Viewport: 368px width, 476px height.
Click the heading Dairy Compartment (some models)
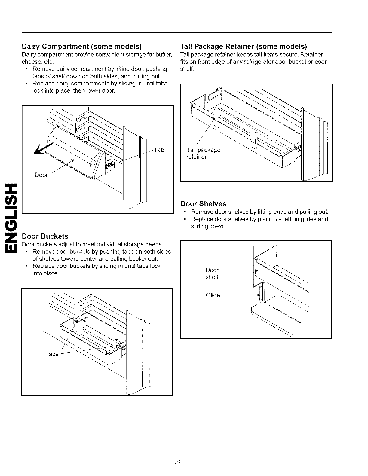(x=82, y=47)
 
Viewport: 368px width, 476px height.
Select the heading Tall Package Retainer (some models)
(x=244, y=47)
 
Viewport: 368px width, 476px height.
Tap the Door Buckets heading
(x=45, y=236)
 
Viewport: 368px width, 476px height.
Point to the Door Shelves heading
(x=203, y=204)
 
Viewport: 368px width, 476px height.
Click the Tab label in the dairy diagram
(x=158, y=150)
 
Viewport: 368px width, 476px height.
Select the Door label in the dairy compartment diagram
(x=41, y=175)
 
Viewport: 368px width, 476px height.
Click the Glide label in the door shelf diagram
(x=213, y=295)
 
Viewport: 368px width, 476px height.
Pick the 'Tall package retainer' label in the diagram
(x=203, y=153)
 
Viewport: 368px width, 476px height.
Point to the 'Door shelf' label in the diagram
(x=212, y=273)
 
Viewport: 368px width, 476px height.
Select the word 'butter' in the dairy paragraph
(x=164, y=55)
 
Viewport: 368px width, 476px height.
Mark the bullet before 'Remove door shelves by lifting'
(x=186, y=212)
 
